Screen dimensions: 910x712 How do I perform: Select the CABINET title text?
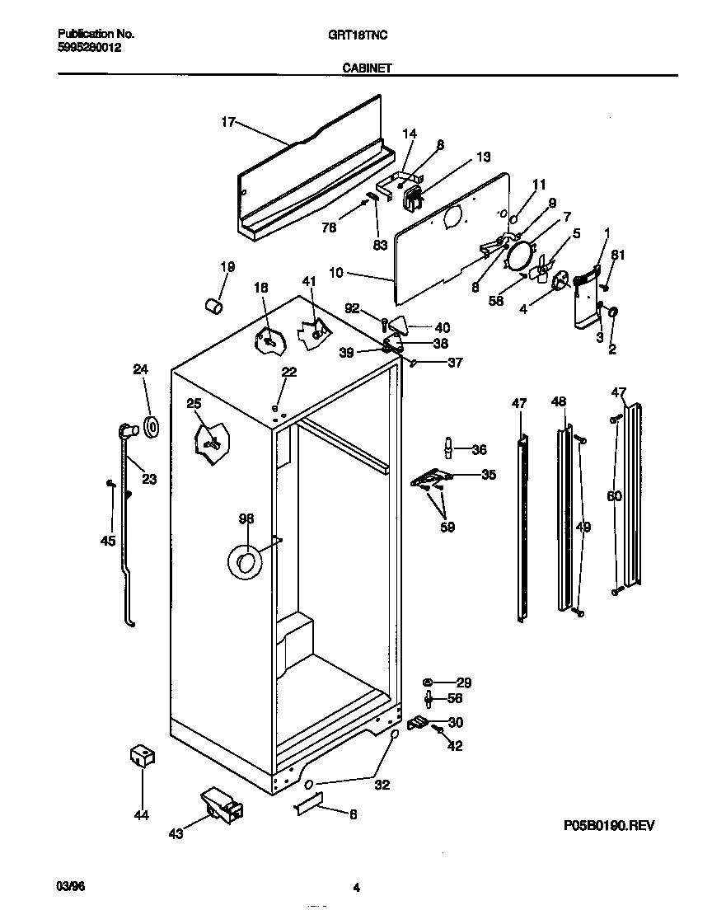363,70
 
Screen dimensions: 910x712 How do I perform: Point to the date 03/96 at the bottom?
71,887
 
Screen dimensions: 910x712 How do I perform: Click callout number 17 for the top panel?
228,123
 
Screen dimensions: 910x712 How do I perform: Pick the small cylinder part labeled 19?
213,307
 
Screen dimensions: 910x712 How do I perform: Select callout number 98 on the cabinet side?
246,518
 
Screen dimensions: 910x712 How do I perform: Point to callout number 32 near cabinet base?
382,785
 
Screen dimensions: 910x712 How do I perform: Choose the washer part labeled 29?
429,682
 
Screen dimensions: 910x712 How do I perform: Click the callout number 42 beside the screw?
454,746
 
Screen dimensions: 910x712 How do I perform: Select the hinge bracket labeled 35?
432,478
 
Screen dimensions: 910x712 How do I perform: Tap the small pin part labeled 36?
449,448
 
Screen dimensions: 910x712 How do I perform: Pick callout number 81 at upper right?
617,255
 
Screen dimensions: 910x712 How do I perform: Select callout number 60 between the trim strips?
614,496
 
